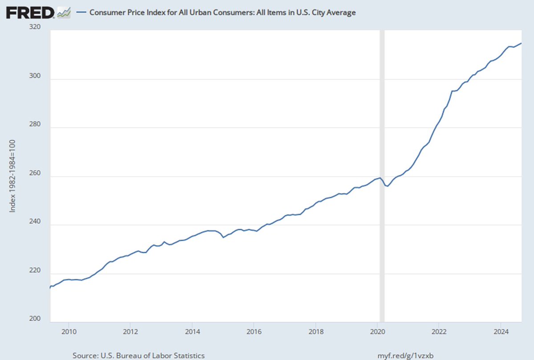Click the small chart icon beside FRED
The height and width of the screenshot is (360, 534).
tap(64, 12)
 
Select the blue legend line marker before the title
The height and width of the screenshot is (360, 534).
tap(81, 12)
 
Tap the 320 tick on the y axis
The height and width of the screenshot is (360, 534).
tap(35, 27)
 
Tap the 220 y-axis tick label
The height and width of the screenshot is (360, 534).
tap(35, 271)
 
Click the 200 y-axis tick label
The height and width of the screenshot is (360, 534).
tap(35, 319)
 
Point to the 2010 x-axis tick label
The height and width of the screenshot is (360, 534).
tap(68, 331)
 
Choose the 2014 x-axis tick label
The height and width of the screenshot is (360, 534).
tap(192, 331)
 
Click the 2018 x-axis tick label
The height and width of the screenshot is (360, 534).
tap(316, 331)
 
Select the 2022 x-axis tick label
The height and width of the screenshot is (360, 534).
tap(439, 331)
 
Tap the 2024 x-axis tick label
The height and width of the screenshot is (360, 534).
tap(501, 331)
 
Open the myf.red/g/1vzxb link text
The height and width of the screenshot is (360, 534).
tap(402, 356)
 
